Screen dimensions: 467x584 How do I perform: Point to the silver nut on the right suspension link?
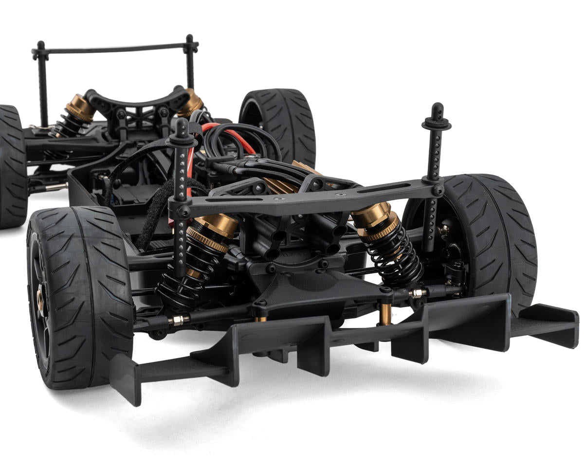pos(418,293)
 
